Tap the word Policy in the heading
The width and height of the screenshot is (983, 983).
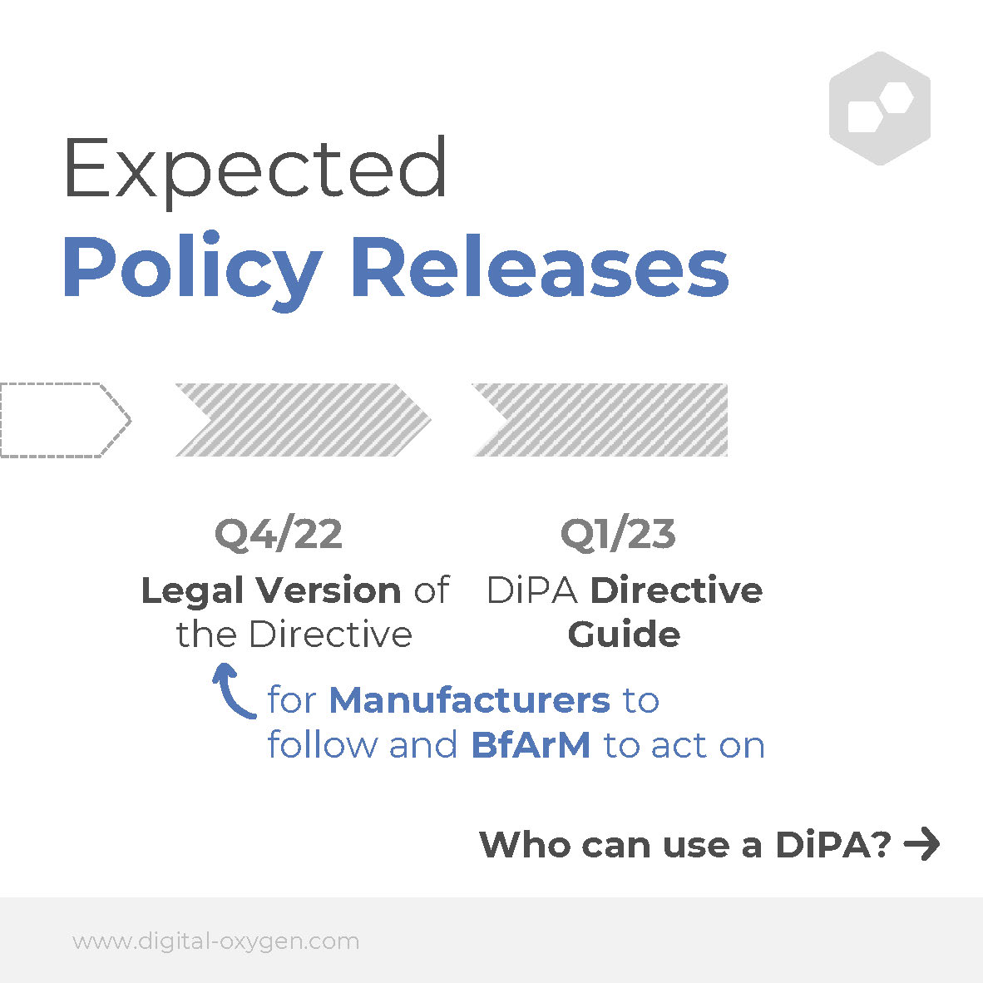tap(192, 271)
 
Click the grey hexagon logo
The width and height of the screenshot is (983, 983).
tap(880, 108)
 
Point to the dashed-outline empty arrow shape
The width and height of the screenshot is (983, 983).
tap(66, 419)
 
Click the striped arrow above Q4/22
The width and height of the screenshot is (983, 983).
tap(304, 419)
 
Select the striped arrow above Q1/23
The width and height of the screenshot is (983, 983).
tap(600, 419)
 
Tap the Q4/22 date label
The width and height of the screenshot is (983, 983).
tap(279, 535)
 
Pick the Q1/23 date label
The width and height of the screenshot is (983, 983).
tap(618, 535)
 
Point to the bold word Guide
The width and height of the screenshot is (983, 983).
tap(624, 634)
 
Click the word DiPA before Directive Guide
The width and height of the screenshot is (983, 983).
tap(531, 590)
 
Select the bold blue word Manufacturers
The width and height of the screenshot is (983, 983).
tap(470, 699)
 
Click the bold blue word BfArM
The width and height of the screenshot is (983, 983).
tap(531, 745)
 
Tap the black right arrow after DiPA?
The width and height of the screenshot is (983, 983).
tap(921, 844)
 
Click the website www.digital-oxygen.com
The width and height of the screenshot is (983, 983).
tap(215, 941)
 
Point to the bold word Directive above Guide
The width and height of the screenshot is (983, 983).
tap(676, 590)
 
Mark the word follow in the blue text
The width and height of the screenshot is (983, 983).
tap(322, 745)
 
